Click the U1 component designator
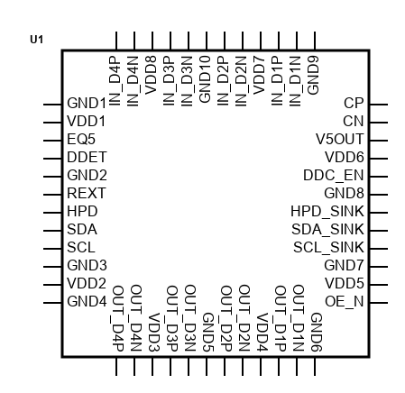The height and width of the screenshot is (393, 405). coord(36,40)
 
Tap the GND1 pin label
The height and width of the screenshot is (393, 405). coord(87,104)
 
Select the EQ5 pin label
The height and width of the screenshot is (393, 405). coord(81,140)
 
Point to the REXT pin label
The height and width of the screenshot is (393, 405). coord(87,193)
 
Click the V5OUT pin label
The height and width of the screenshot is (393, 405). coord(339,140)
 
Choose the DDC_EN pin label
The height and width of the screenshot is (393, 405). coord(334,176)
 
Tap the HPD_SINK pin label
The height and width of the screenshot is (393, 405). coord(327,212)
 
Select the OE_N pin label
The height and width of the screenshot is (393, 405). coord(345,301)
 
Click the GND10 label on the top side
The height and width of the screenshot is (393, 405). coord(205,79)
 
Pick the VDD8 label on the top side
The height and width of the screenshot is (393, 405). coord(151,75)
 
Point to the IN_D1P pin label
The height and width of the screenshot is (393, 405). coord(277,81)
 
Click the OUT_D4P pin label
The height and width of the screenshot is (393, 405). coord(118,318)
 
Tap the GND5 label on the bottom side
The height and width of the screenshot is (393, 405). coord(208,332)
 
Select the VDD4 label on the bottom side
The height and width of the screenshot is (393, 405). coord(262,333)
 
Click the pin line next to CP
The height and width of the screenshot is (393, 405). coord(379,105)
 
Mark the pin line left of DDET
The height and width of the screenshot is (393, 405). coord(52,159)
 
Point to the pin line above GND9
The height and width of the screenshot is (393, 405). coord(315,41)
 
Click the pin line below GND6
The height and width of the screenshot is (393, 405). coord(315,367)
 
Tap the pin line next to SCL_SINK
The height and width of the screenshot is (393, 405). coord(379,249)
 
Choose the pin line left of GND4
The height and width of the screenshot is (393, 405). coord(52,303)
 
